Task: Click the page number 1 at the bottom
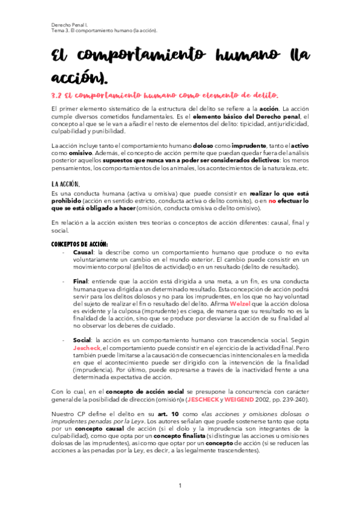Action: (180, 485)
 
